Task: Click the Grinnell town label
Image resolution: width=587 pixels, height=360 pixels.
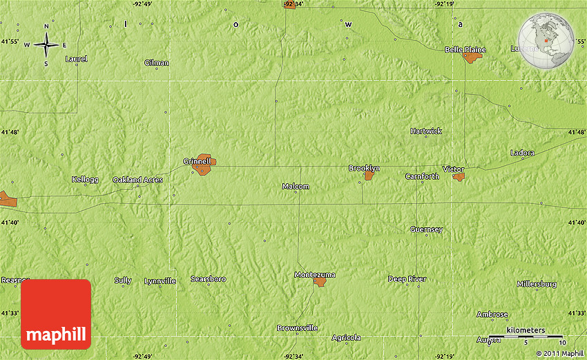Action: point(196,161)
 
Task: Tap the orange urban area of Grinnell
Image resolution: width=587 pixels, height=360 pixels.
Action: point(204,166)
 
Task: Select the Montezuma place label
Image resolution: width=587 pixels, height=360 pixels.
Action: point(314,274)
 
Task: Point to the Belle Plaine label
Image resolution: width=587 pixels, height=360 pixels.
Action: point(465,50)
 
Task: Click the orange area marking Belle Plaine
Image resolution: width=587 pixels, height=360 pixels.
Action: point(472,57)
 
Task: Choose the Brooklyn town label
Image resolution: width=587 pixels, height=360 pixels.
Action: point(364,168)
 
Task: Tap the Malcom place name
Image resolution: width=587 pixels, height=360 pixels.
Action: point(296,187)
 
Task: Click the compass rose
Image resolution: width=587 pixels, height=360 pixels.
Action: point(46,45)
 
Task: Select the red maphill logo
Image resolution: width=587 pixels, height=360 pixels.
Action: point(56,314)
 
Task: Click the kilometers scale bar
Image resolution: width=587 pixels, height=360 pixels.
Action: point(526,337)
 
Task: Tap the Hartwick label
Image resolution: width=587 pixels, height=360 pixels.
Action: point(426,131)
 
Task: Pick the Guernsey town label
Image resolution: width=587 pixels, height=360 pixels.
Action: point(426,229)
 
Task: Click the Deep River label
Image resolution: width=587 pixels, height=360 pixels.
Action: point(407,279)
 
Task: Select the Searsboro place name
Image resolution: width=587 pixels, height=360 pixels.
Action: point(208,278)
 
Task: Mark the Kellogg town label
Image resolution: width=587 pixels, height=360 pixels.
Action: point(85,180)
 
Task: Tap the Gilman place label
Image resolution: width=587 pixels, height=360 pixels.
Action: point(156,63)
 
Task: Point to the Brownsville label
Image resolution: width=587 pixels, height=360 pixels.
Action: point(297,328)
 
